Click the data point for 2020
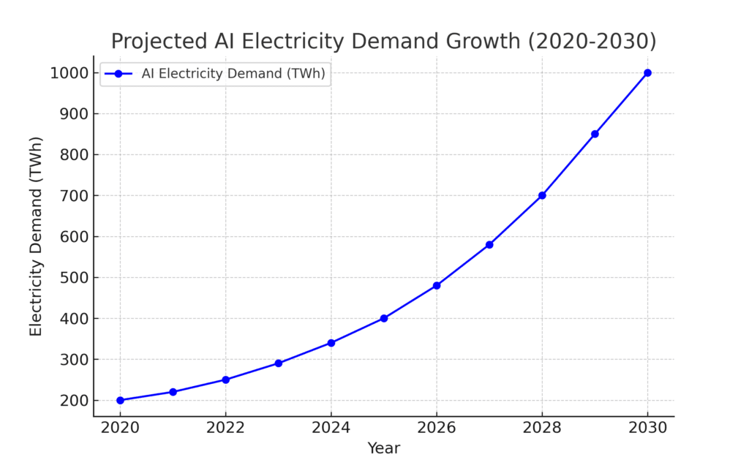[x=120, y=400]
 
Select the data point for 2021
[x=173, y=392]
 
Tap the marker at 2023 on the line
[x=278, y=363]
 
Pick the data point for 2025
[x=384, y=318]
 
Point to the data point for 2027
[x=489, y=244]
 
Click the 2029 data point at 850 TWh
[x=595, y=134]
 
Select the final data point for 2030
[x=647, y=72]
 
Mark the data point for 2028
[x=542, y=195]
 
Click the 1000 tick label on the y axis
[x=69, y=73]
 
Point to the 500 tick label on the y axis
[x=72, y=278]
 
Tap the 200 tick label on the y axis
[x=72, y=401]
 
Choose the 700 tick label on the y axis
[x=72, y=196]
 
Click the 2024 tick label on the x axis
[x=331, y=428]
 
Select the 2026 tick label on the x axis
[x=437, y=428]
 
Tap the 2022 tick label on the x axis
[x=225, y=428]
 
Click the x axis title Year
[x=383, y=448]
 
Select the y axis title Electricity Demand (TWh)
[x=37, y=236]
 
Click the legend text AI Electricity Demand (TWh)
[x=233, y=73]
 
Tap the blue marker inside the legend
[x=118, y=73]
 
